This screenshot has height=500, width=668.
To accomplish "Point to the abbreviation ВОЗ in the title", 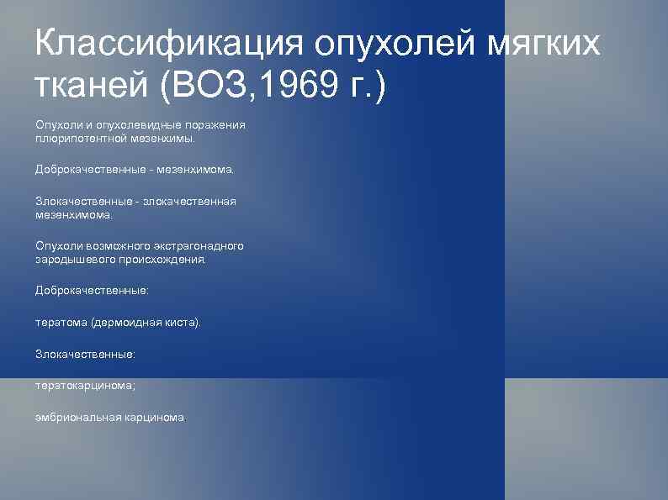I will (x=209, y=86).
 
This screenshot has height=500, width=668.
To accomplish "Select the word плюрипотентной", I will (x=81, y=137).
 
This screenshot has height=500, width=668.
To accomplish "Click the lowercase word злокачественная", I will (x=189, y=202).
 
